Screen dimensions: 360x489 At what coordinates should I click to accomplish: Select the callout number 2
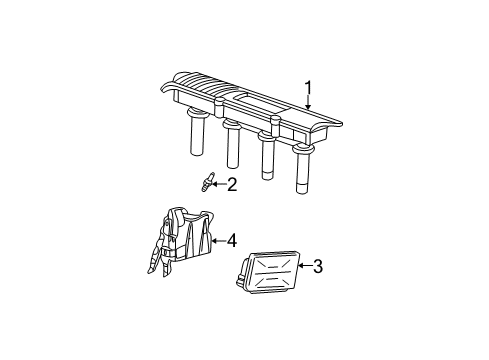click(x=231, y=184)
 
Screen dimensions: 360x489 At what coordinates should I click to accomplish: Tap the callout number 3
click(x=317, y=266)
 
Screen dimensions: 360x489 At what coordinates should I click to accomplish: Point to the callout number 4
click(x=231, y=240)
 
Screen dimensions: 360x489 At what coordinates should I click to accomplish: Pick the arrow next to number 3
click(x=302, y=266)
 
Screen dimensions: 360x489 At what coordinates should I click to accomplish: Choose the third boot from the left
click(x=268, y=158)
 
